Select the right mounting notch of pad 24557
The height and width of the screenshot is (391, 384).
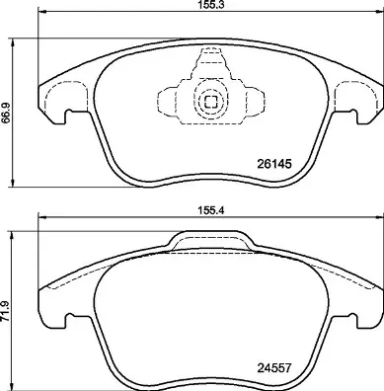350,319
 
